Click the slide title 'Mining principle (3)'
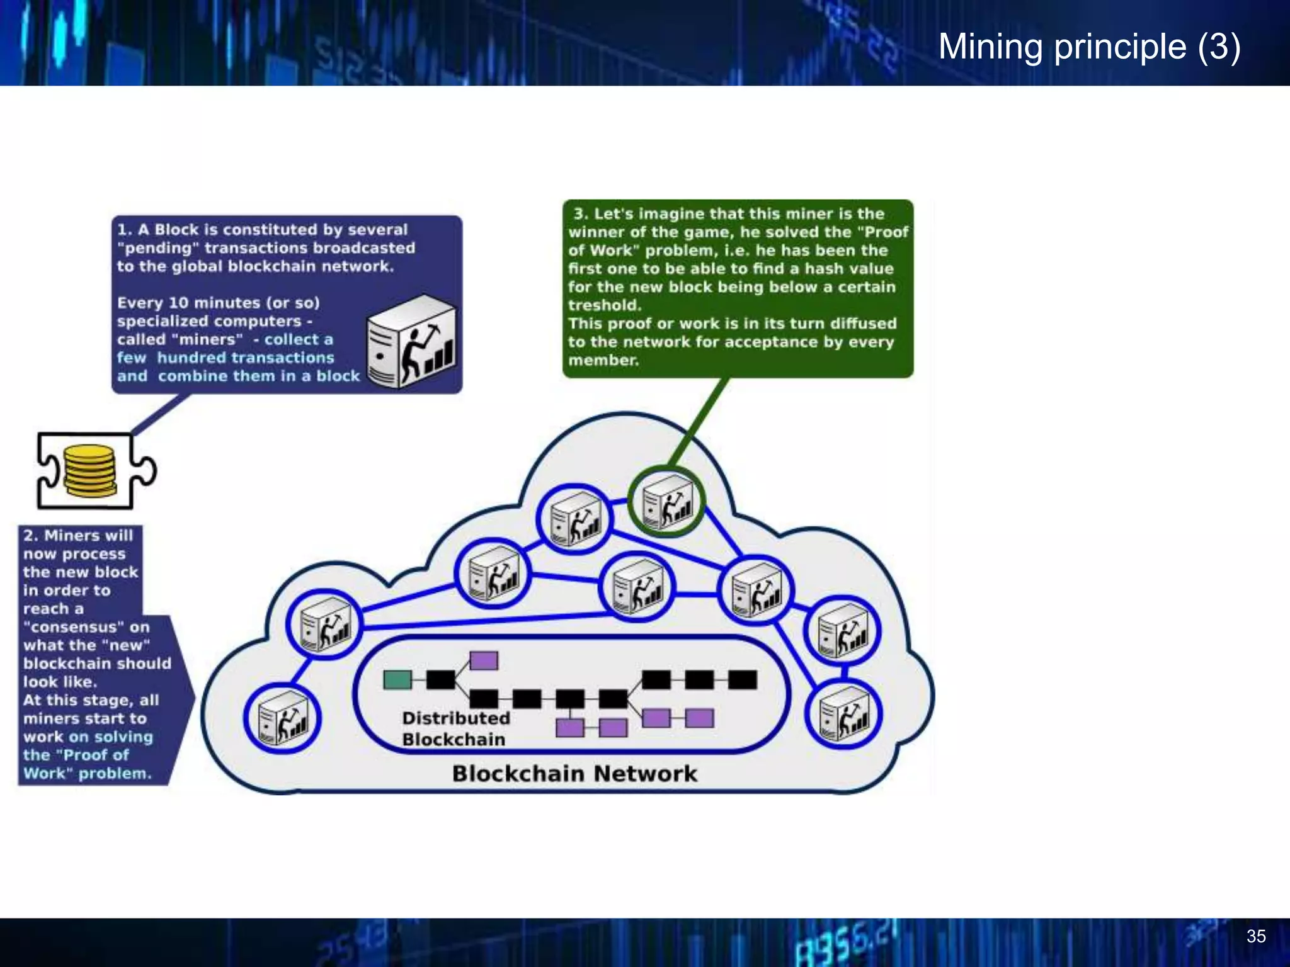pos(1089,47)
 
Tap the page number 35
pos(1255,936)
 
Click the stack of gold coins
pos(89,470)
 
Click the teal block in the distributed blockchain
pos(397,680)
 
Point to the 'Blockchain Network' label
pos(574,774)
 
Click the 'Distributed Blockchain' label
pos(455,728)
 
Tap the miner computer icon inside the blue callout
pos(411,342)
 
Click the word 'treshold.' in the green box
pos(604,305)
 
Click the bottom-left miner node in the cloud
pos(283,718)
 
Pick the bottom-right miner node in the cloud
pos(844,713)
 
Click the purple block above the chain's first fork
pos(484,660)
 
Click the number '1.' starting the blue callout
pos(124,230)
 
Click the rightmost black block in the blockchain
pos(742,680)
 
